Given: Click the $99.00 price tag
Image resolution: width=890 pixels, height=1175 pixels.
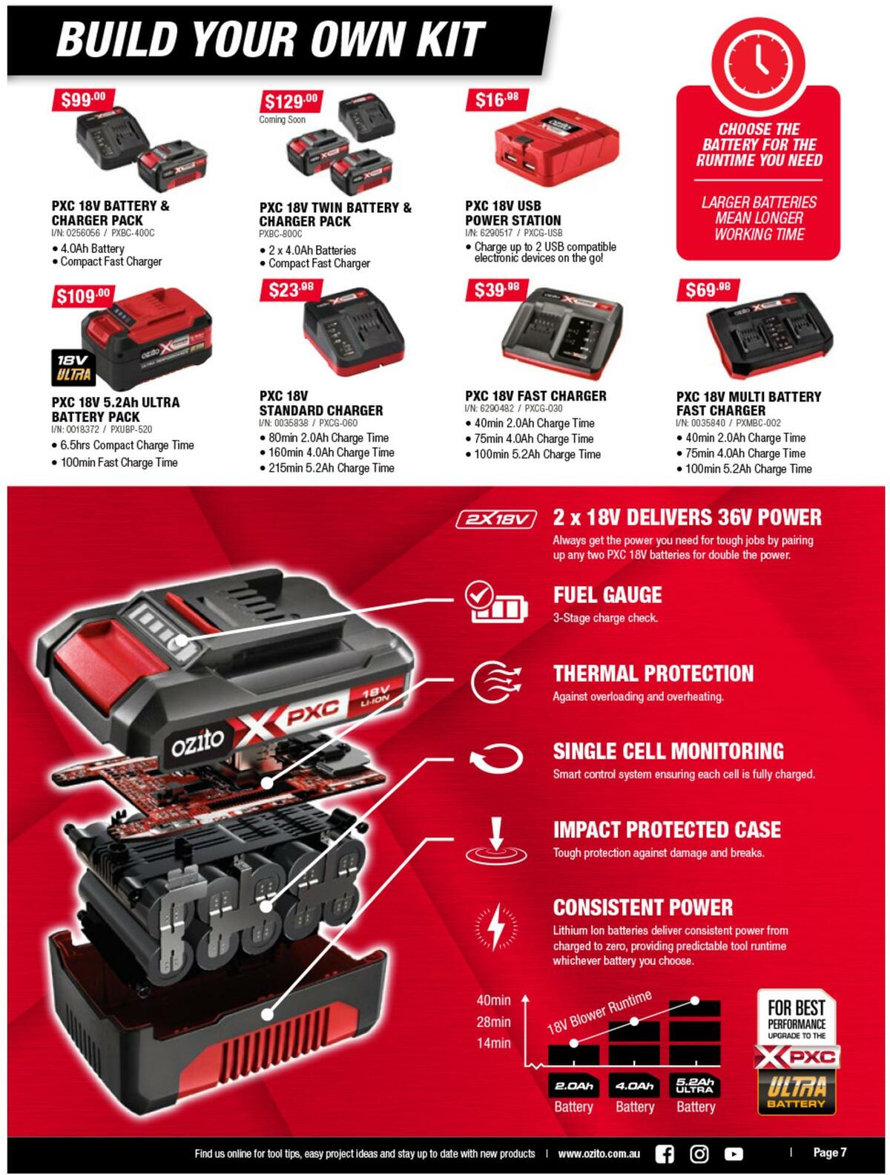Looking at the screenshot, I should tap(83, 99).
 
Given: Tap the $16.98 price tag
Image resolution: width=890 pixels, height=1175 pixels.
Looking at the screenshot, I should tap(497, 99).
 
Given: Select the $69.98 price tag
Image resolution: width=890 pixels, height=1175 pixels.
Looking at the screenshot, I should tap(708, 289).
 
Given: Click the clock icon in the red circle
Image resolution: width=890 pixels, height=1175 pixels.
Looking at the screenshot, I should tap(758, 56).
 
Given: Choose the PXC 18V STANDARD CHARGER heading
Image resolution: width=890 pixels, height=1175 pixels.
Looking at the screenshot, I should tap(320, 403).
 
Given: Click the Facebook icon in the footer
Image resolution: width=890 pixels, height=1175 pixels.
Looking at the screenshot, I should tap(665, 1153).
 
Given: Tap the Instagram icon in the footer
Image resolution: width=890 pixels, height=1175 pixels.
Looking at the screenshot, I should tap(699, 1153).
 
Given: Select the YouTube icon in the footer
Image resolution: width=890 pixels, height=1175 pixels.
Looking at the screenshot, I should tap(734, 1153).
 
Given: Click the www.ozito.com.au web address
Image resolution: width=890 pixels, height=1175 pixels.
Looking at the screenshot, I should tap(599, 1153).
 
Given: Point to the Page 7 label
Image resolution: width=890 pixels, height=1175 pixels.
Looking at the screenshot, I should tap(829, 1152).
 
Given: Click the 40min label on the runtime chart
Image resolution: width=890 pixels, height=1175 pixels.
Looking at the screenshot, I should tap(493, 1001).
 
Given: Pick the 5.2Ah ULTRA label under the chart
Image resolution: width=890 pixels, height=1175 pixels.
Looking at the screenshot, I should tap(695, 1085).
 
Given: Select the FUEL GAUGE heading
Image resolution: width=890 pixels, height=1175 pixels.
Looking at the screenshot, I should tap(607, 595).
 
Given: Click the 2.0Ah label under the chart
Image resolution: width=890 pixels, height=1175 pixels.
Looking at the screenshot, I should tap(573, 1086).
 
